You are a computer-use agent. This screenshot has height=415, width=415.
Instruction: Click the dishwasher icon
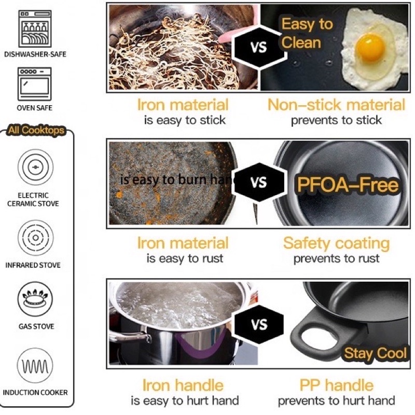click(x=35, y=29)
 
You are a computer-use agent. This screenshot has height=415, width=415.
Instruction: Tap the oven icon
click(x=35, y=84)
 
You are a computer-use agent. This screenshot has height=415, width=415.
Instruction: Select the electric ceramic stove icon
click(x=35, y=167)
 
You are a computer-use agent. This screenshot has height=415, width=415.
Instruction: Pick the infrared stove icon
click(x=35, y=238)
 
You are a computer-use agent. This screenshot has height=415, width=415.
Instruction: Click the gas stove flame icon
click(x=35, y=299)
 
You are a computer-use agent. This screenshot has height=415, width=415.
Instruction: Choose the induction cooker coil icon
click(x=35, y=366)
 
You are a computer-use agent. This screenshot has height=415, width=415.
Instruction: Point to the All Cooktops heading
click(x=36, y=130)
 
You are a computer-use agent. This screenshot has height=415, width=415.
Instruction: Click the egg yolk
click(x=370, y=48)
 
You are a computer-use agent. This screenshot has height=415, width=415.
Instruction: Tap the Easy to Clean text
click(x=307, y=33)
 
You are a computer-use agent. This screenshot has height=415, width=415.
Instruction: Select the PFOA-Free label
click(x=348, y=185)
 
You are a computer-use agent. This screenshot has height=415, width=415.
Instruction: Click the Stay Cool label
click(x=375, y=353)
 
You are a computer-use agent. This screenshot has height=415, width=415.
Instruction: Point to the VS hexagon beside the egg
click(x=259, y=47)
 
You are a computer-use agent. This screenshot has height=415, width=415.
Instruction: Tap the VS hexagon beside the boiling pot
click(x=259, y=325)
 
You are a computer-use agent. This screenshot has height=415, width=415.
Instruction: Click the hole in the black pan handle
click(x=319, y=335)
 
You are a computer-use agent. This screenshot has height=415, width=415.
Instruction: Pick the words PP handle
click(x=336, y=385)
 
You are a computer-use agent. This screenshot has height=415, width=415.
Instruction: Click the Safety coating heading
click(x=336, y=243)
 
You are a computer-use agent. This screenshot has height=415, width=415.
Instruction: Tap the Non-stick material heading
click(x=336, y=105)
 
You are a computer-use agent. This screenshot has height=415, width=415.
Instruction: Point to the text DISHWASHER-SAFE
click(x=35, y=54)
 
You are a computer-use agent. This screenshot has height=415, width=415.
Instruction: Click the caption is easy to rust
click(x=185, y=258)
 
